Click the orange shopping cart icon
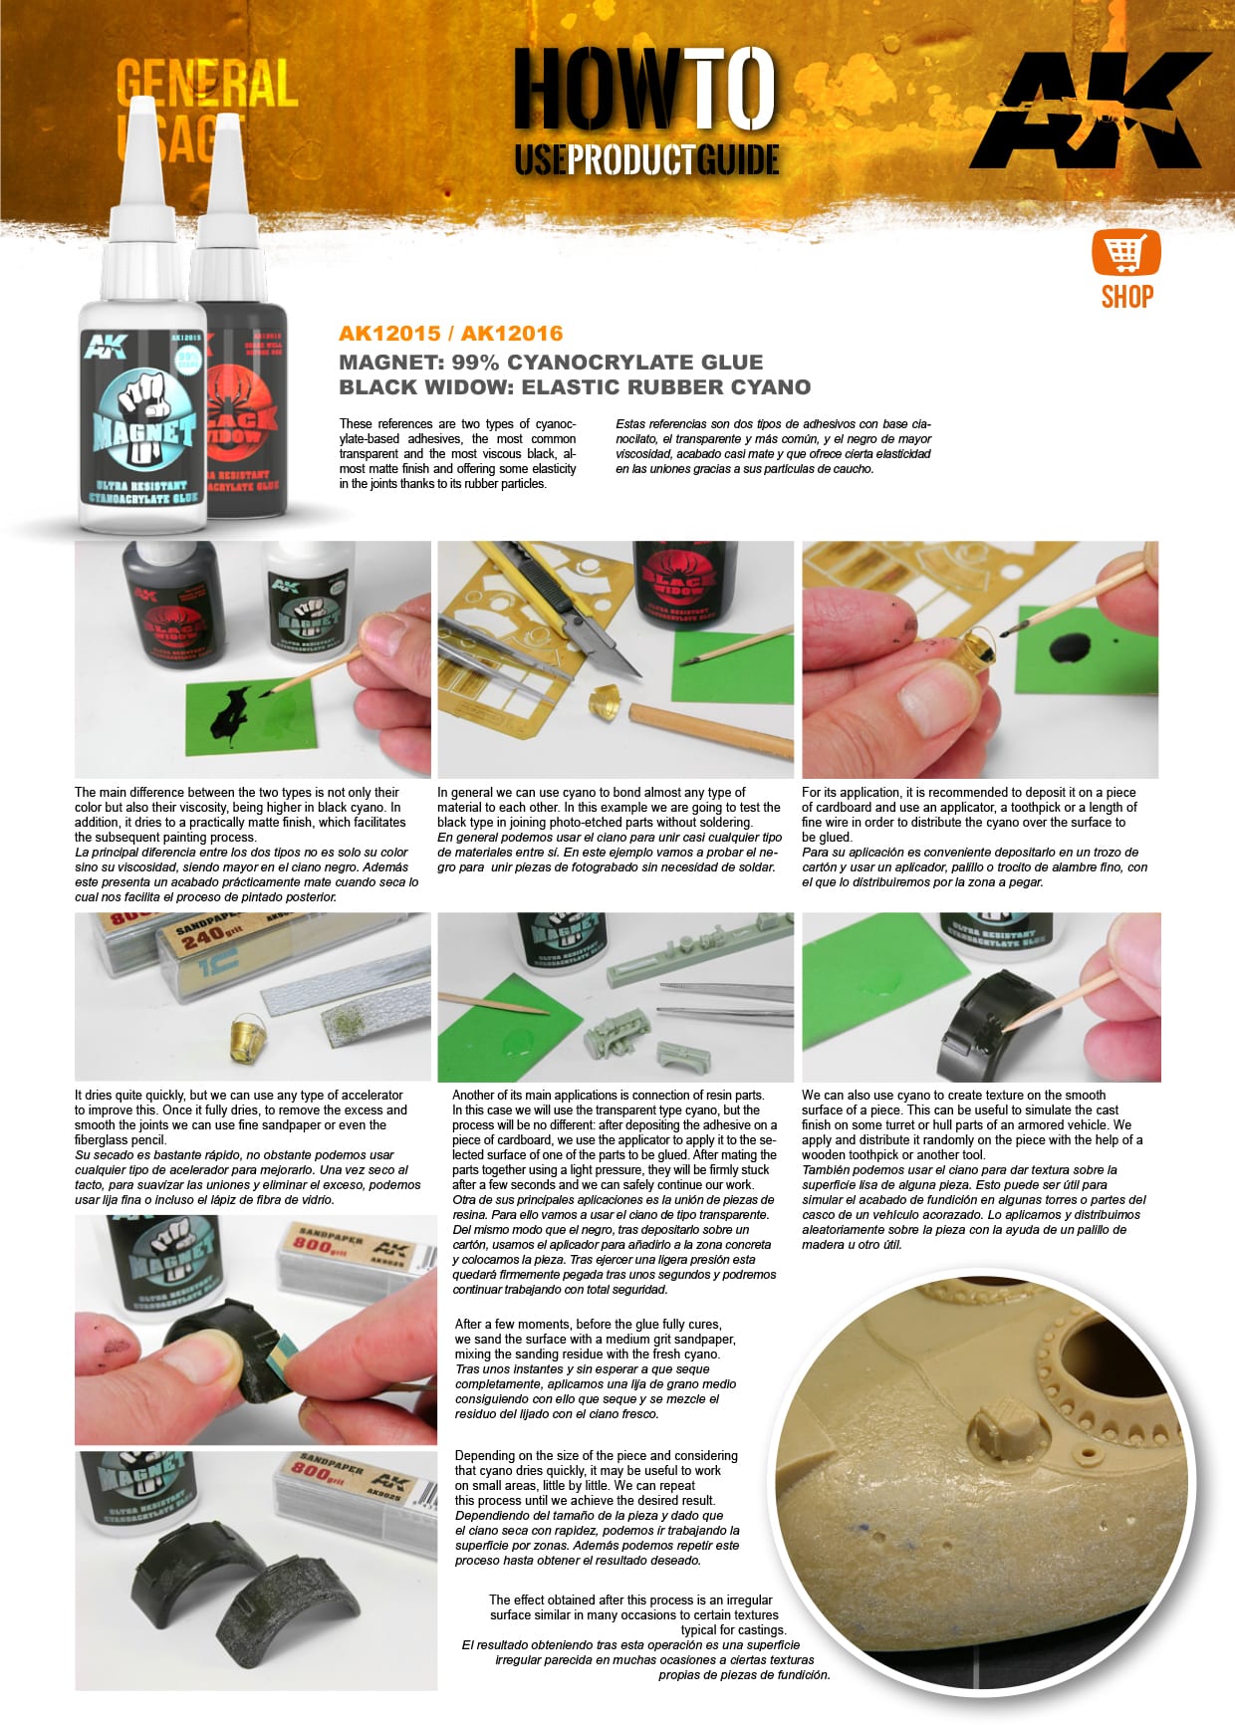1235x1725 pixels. [1126, 252]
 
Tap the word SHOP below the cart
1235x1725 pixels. [1126, 297]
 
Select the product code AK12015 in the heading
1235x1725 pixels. [388, 334]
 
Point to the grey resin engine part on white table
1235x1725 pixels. [615, 1034]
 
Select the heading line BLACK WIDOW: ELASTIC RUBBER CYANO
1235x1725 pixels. [575, 387]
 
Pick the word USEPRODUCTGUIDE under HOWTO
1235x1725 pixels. [645, 159]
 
